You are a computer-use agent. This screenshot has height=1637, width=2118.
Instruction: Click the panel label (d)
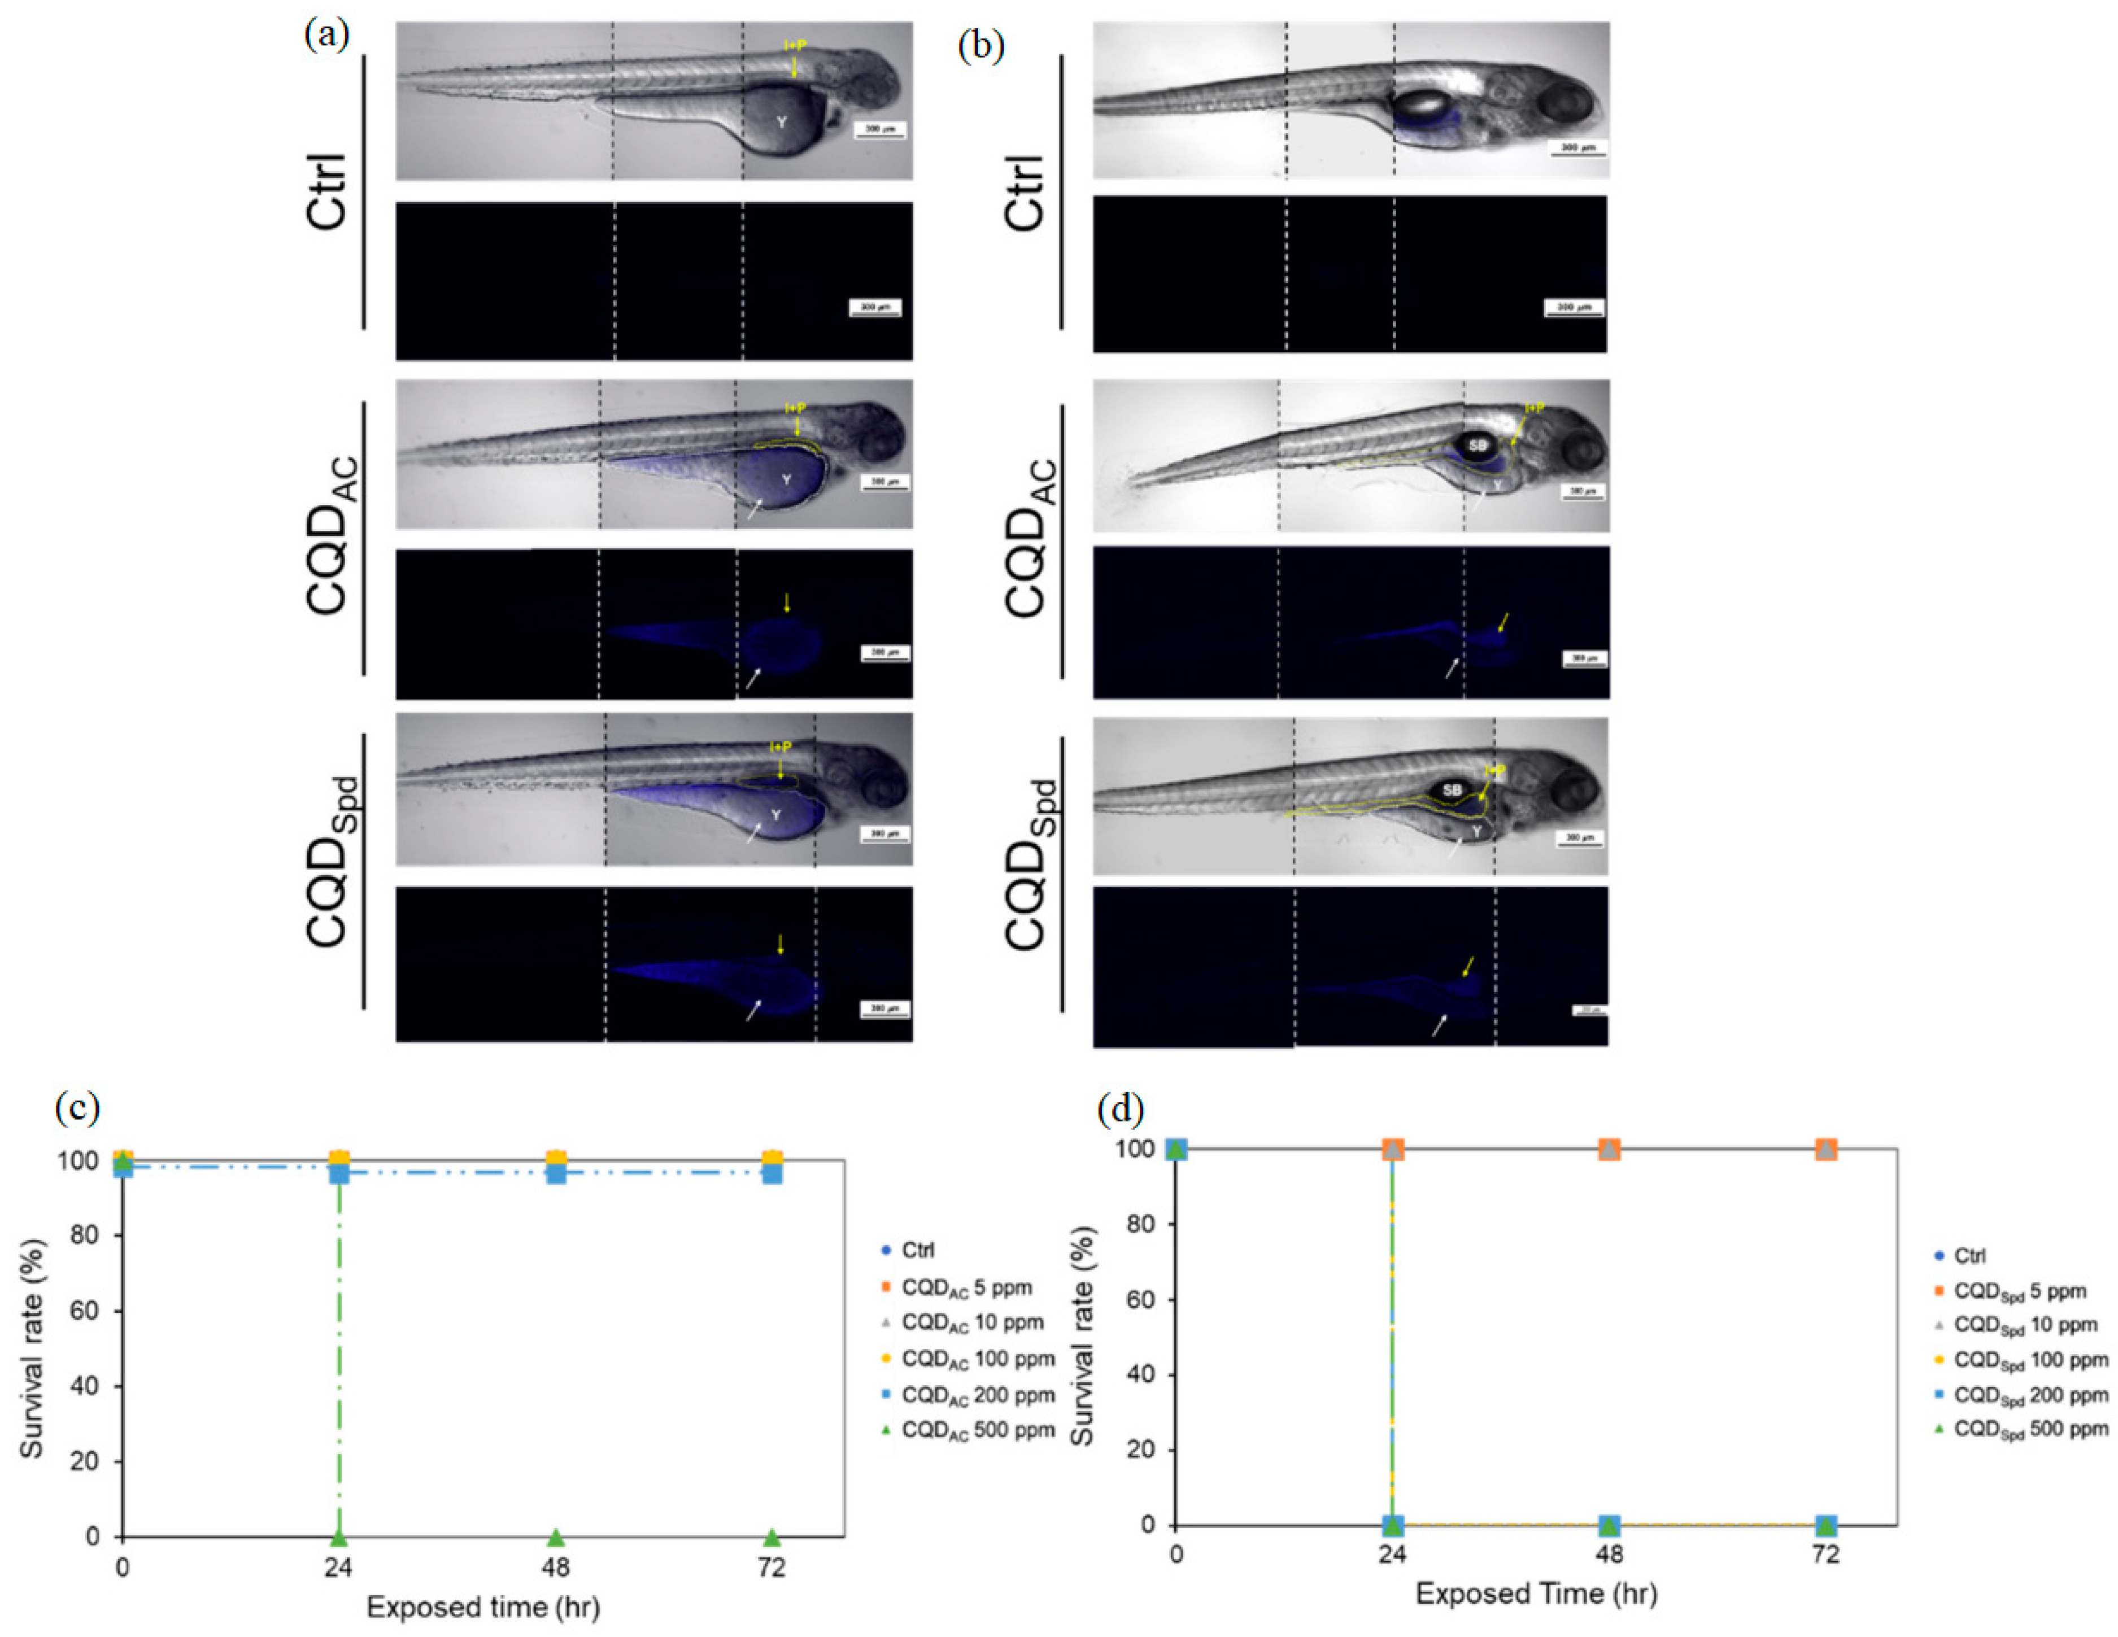point(1120,1107)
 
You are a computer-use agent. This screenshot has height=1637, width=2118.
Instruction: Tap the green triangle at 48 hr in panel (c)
point(556,1537)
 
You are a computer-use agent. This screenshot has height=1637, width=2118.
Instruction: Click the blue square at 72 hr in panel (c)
point(772,1172)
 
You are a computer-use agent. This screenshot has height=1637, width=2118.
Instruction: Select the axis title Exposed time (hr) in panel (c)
point(483,1608)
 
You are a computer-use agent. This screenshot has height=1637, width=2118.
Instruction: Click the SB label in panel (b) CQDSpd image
point(1451,791)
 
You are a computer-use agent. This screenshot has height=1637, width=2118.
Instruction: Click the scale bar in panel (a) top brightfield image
point(879,130)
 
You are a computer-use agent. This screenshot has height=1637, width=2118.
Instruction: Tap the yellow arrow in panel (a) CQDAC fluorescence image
point(787,603)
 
